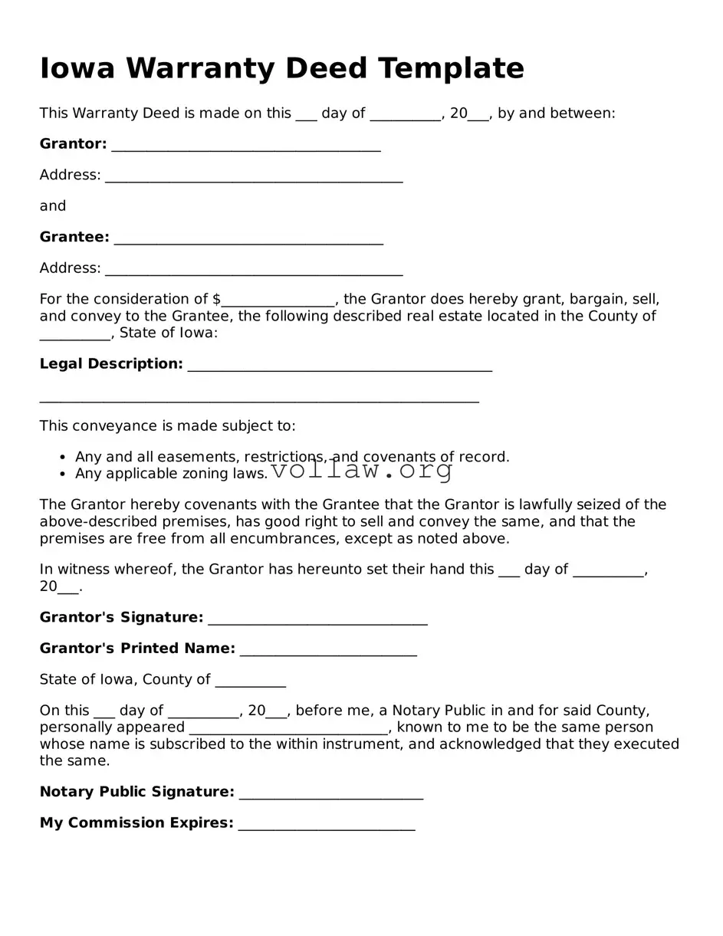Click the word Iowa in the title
pos(77,68)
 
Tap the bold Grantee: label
pos(74,238)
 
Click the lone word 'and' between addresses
pos(53,206)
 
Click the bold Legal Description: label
pos(111,364)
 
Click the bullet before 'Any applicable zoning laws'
pos(62,475)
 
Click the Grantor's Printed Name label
pos(137,649)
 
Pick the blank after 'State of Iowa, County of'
pos(251,681)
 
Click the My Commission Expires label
pos(136,823)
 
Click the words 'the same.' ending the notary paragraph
pos(74,761)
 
